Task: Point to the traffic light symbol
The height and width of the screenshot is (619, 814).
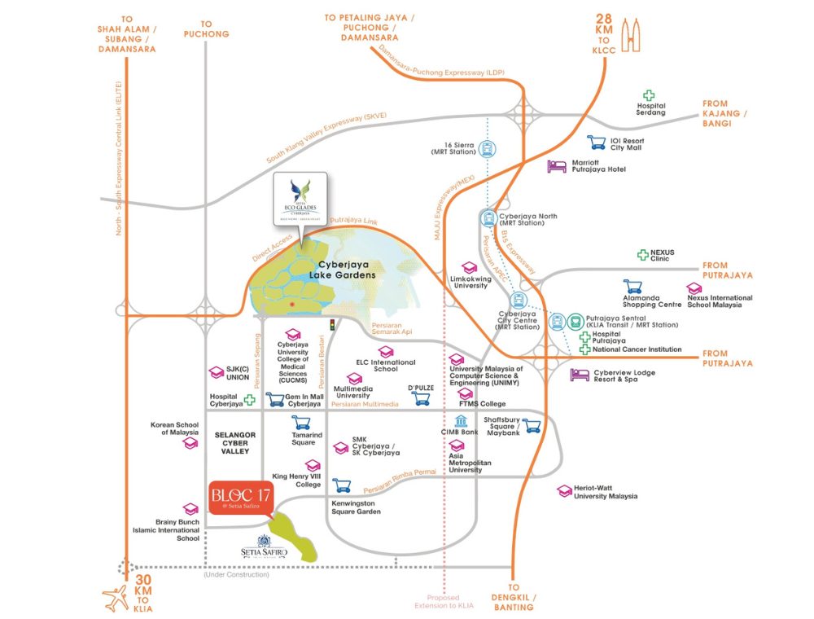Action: (x=332, y=326)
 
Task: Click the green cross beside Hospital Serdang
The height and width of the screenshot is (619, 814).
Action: (x=650, y=95)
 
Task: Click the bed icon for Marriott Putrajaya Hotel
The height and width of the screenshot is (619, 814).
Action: (x=556, y=166)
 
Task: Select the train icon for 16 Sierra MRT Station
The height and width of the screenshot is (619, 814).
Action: (x=487, y=149)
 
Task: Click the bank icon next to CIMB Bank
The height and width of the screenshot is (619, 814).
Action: (x=462, y=421)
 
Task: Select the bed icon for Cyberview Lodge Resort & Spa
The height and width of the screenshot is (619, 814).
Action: (x=580, y=375)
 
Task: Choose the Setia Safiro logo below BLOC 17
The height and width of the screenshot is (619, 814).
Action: (x=266, y=546)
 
